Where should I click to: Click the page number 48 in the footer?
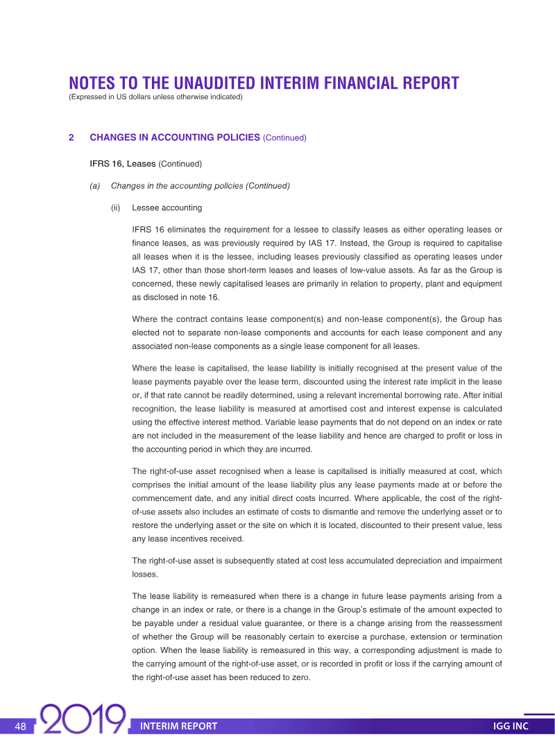click(x=20, y=727)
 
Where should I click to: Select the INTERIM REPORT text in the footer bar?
click(x=178, y=727)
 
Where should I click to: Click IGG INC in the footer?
click(x=511, y=727)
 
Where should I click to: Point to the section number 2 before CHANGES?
click(x=71, y=137)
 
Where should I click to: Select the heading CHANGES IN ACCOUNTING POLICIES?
click(x=174, y=137)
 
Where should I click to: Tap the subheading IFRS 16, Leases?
click(x=122, y=164)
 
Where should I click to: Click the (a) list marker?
click(x=95, y=186)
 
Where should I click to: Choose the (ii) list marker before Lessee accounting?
click(x=116, y=208)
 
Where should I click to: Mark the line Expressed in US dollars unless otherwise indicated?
click(x=155, y=97)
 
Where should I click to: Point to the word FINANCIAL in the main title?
click(x=360, y=84)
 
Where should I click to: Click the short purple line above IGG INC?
click(x=538, y=714)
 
